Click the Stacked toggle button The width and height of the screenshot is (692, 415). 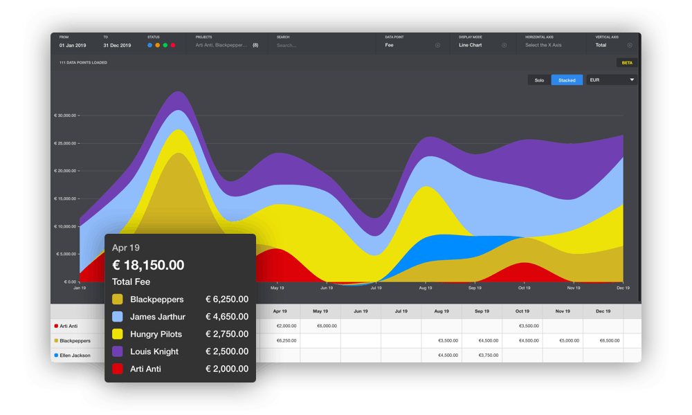567,80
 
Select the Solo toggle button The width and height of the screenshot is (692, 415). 539,80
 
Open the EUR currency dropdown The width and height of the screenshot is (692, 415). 612,80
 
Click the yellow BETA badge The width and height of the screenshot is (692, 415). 627,63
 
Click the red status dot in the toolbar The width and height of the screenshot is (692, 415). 173,45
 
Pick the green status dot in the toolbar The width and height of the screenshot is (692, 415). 165,45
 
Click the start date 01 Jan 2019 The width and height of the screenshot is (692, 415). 73,45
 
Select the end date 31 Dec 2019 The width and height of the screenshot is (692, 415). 117,45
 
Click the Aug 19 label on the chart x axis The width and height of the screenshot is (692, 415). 425,288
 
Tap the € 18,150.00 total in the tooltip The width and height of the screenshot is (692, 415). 148,265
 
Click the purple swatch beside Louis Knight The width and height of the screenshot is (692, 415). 118,351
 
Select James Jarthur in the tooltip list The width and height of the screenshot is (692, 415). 158,317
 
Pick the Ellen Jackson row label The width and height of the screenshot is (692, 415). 75,356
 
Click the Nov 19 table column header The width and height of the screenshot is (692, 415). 563,311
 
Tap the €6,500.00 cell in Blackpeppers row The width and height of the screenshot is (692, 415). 603,341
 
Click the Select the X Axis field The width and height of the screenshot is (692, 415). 543,45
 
